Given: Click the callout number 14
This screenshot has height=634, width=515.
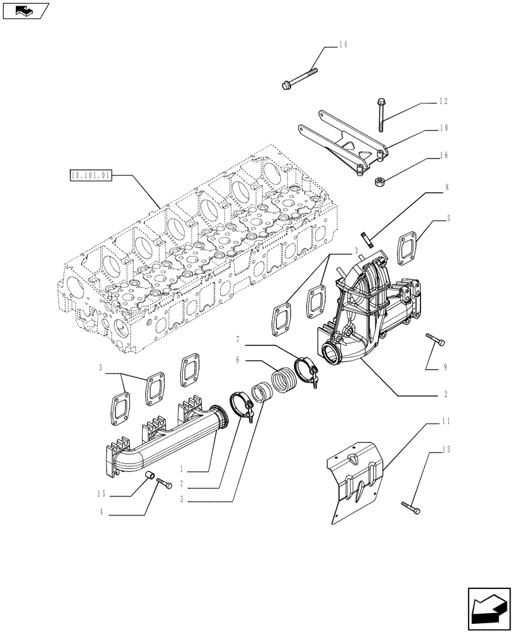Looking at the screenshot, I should (x=342, y=44).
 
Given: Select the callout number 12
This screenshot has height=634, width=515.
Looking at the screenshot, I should (x=443, y=101).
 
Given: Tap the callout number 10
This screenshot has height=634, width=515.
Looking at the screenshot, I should (x=443, y=127).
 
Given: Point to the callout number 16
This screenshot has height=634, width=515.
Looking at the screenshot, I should (x=443, y=154).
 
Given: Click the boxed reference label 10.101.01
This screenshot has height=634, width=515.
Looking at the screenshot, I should (x=91, y=175).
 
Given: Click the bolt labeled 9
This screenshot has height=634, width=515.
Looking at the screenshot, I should (x=436, y=341).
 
